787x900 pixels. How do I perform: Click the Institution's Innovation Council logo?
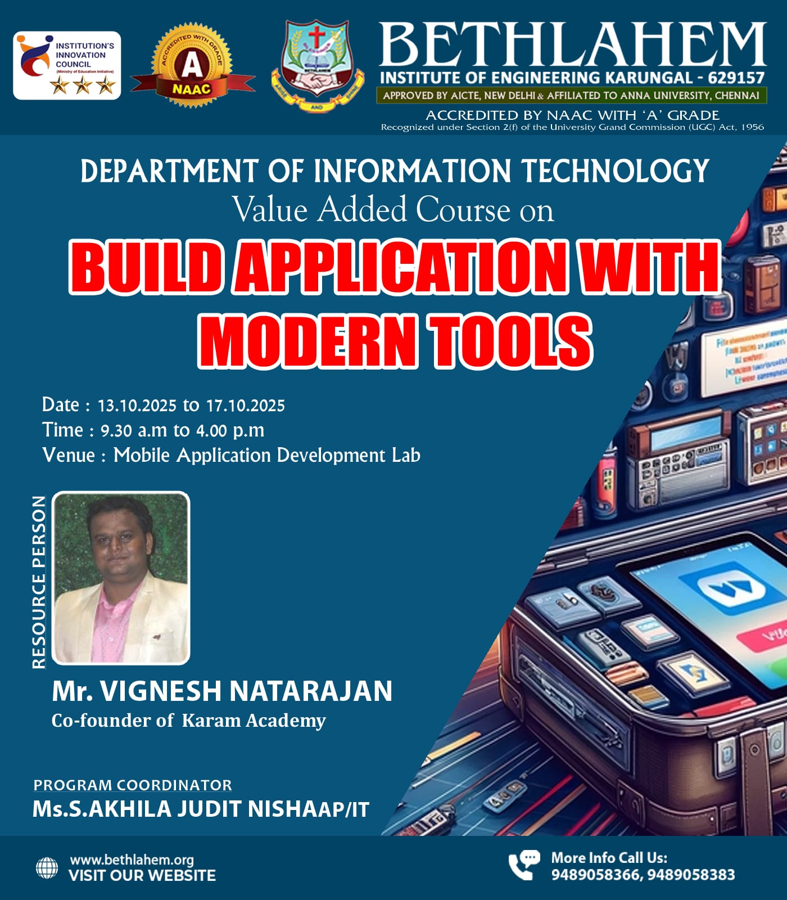tap(67, 65)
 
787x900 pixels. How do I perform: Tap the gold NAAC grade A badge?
tap(192, 66)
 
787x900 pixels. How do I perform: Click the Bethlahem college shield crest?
tap(317, 66)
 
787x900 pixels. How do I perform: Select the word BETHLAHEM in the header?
tap(572, 45)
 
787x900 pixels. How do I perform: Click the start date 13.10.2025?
tap(137, 406)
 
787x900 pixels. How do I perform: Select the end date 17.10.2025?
tap(245, 406)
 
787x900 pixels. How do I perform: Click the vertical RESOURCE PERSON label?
tap(39, 582)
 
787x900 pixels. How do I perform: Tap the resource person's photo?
tap(121, 578)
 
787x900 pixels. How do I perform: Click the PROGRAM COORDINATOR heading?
tap(133, 785)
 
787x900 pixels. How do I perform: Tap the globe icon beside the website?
tap(47, 868)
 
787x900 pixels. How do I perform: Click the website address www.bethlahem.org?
tap(132, 859)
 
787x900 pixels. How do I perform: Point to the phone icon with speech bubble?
tap(523, 865)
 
